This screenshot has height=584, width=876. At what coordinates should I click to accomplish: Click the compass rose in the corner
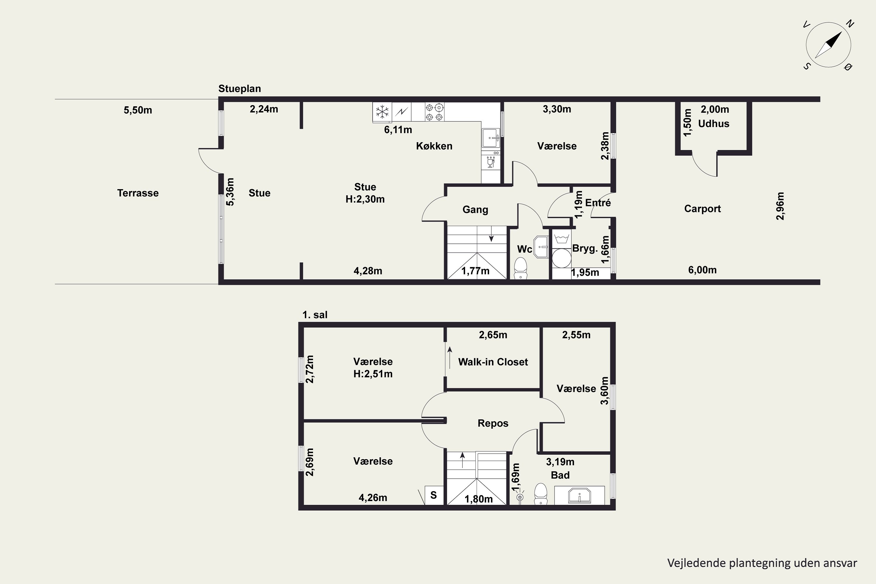pyautogui.click(x=828, y=45)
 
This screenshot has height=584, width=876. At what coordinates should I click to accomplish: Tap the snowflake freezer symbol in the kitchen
pyautogui.click(x=382, y=112)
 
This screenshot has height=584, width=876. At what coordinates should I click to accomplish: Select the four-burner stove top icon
pyautogui.click(x=434, y=112)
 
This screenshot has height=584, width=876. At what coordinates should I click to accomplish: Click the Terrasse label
pyautogui.click(x=138, y=193)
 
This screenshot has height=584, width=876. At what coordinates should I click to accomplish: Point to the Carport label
pyautogui.click(x=703, y=208)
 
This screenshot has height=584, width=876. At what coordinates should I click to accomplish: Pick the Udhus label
pyautogui.click(x=714, y=124)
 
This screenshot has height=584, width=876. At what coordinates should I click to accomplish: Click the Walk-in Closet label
pyautogui.click(x=493, y=362)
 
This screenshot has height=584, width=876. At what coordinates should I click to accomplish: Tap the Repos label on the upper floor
pyautogui.click(x=493, y=423)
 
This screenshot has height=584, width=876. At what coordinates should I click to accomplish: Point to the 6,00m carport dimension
pyautogui.click(x=702, y=270)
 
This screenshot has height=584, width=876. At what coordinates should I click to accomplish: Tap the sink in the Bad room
pyautogui.click(x=580, y=495)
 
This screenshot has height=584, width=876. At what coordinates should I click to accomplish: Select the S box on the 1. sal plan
pyautogui.click(x=434, y=495)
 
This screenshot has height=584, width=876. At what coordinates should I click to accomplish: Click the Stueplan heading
pyautogui.click(x=239, y=89)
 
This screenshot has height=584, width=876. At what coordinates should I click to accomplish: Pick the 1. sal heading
pyautogui.click(x=315, y=315)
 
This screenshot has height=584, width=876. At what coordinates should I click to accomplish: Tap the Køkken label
pyautogui.click(x=434, y=146)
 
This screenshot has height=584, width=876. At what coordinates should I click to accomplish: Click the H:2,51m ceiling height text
pyautogui.click(x=373, y=374)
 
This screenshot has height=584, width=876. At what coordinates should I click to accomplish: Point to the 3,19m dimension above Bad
pyautogui.click(x=560, y=462)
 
